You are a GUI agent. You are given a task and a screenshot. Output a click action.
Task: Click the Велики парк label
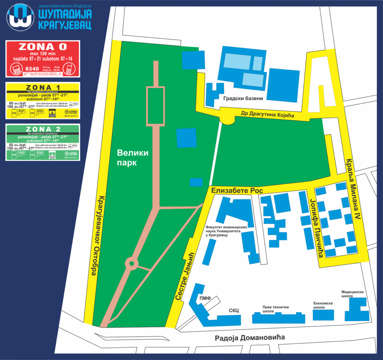(x=132, y=158)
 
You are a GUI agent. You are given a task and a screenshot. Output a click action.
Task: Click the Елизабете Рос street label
(x=237, y=191)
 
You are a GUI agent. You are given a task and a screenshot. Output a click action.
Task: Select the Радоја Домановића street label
(x=249, y=338)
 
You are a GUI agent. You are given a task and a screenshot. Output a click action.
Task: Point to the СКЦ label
(x=234, y=310)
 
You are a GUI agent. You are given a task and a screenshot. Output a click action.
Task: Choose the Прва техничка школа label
(x=276, y=309)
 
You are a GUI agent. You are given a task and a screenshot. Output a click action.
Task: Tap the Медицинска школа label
(x=352, y=294)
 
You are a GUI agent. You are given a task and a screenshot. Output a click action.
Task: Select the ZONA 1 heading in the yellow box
(x=42, y=87)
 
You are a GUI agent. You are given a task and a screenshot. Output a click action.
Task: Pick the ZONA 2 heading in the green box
(x=42, y=129)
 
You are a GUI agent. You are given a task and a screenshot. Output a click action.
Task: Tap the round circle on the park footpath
(x=131, y=263)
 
